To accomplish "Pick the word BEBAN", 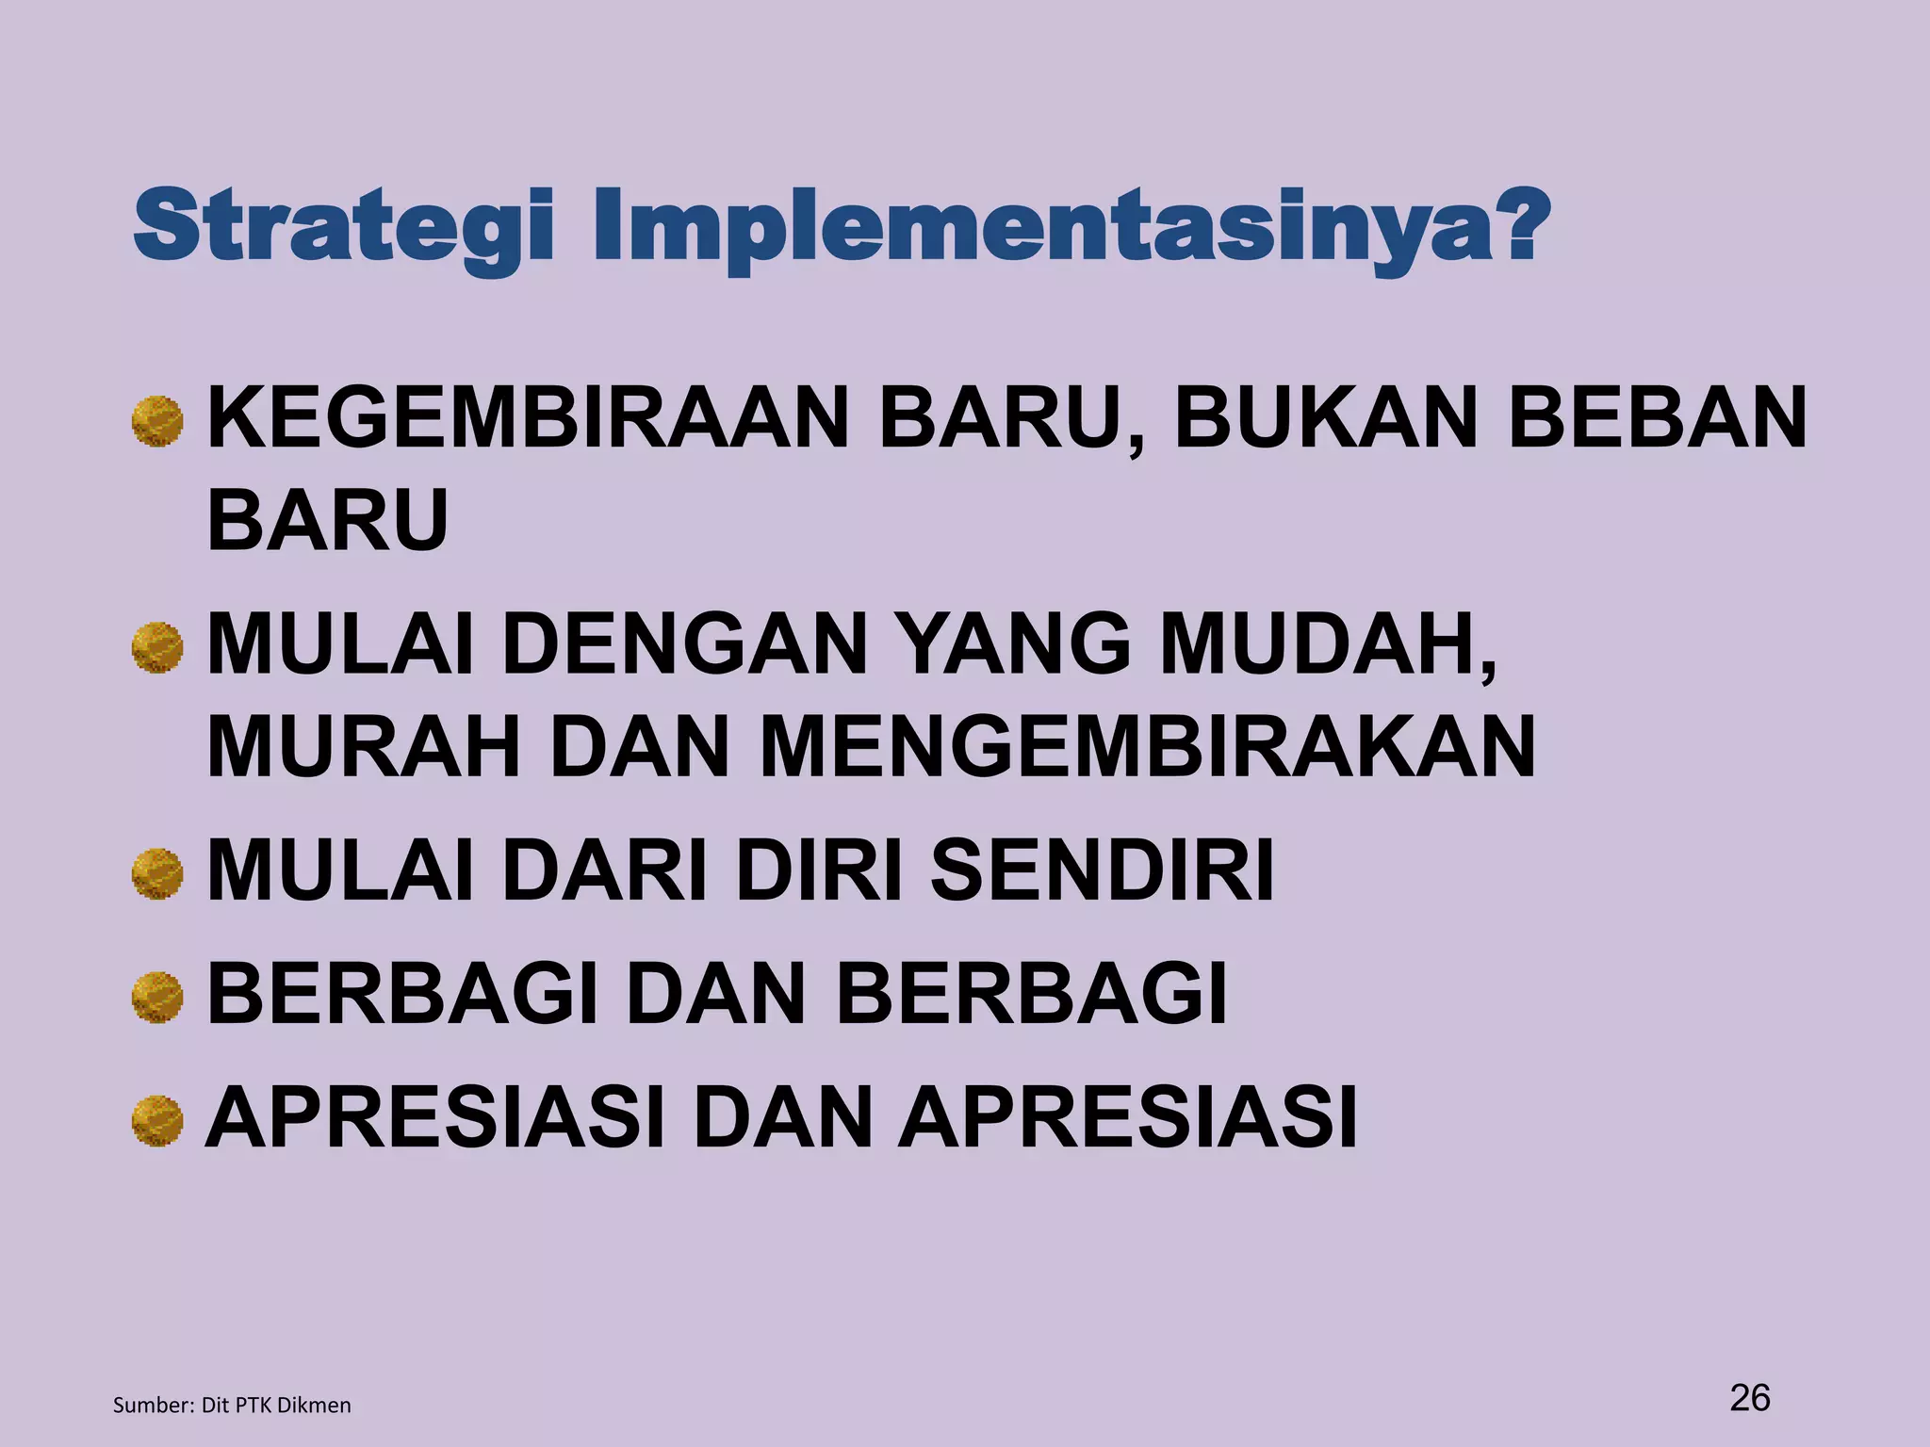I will [x=1658, y=418].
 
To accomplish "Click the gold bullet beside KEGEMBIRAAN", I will [x=157, y=420].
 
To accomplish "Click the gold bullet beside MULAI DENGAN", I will [x=157, y=647].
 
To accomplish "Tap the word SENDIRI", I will [x=1103, y=871].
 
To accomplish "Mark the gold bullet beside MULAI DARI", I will [x=157, y=874].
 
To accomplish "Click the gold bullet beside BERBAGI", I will [x=157, y=998].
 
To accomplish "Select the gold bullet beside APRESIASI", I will [x=157, y=1121].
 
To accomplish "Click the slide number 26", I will [x=1750, y=1397].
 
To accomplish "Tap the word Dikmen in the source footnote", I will [x=314, y=1406].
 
